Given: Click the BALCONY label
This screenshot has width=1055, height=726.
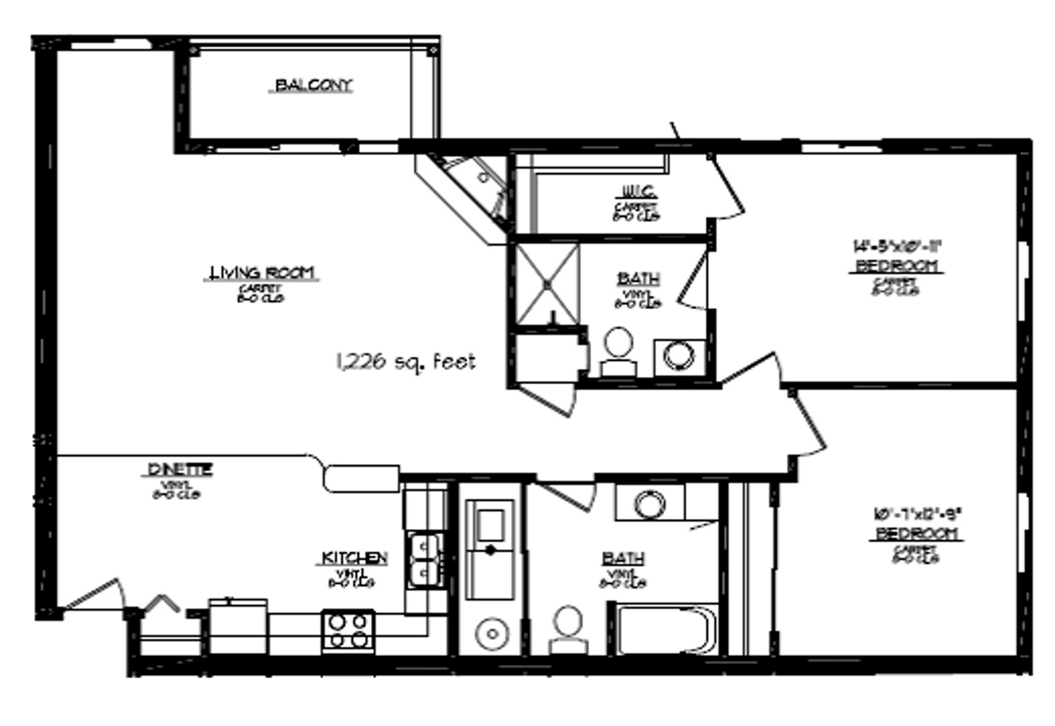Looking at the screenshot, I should tap(313, 85).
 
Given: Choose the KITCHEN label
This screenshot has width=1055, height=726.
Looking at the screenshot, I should tap(354, 559).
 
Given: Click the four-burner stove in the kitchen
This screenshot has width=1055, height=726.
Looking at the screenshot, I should tap(348, 630).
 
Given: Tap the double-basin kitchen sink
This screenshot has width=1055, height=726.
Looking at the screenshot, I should tap(425, 560).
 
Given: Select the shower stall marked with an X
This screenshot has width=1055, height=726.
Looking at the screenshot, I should tap(546, 282).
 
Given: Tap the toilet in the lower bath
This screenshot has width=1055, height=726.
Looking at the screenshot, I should tap(568, 628).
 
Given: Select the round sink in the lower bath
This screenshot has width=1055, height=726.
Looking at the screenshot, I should tap(650, 503).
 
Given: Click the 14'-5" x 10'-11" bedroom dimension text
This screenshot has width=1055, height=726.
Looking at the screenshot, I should tap(897, 245).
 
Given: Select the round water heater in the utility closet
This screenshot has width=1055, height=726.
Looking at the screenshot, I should tap(491, 634).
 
